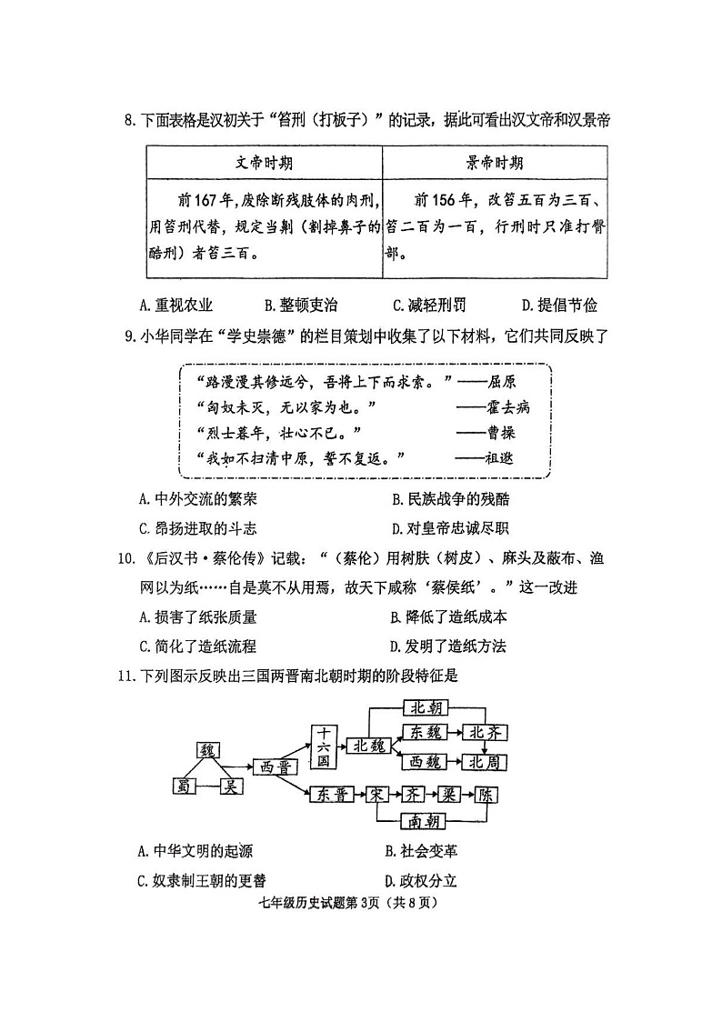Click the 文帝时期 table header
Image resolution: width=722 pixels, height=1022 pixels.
pos(264,163)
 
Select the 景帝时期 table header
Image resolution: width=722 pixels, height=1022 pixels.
pos(495,163)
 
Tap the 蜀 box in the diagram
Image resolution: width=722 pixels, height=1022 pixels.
pos(186,786)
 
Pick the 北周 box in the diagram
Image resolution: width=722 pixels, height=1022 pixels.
pos(485,762)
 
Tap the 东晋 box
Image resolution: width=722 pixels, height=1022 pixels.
pos(333,794)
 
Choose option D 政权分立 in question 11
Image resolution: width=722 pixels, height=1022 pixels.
pos(421,879)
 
